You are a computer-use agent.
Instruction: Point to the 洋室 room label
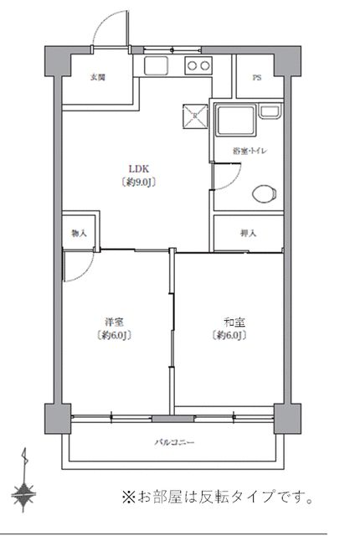coord(116,322)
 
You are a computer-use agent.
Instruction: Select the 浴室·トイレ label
coord(252,151)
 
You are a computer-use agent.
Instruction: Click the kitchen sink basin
coord(157,67)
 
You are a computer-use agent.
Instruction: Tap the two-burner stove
coord(198,67)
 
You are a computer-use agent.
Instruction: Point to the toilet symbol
coord(265,193)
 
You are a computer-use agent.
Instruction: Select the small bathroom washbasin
coord(270,113)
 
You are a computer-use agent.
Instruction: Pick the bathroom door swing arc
coord(223,175)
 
